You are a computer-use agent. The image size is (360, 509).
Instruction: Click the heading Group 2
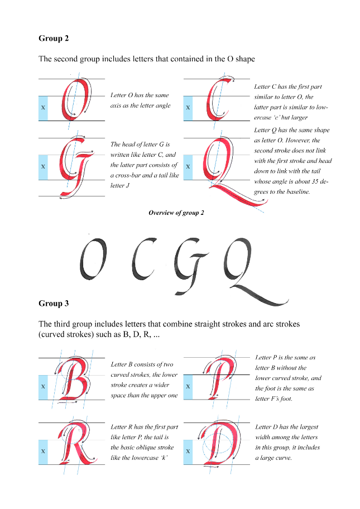54,39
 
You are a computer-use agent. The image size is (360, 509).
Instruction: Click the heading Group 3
54,303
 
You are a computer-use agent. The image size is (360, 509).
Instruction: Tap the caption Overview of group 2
176,213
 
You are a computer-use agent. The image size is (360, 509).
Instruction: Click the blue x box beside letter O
43,108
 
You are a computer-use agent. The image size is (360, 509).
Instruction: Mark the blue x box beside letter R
43,452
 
